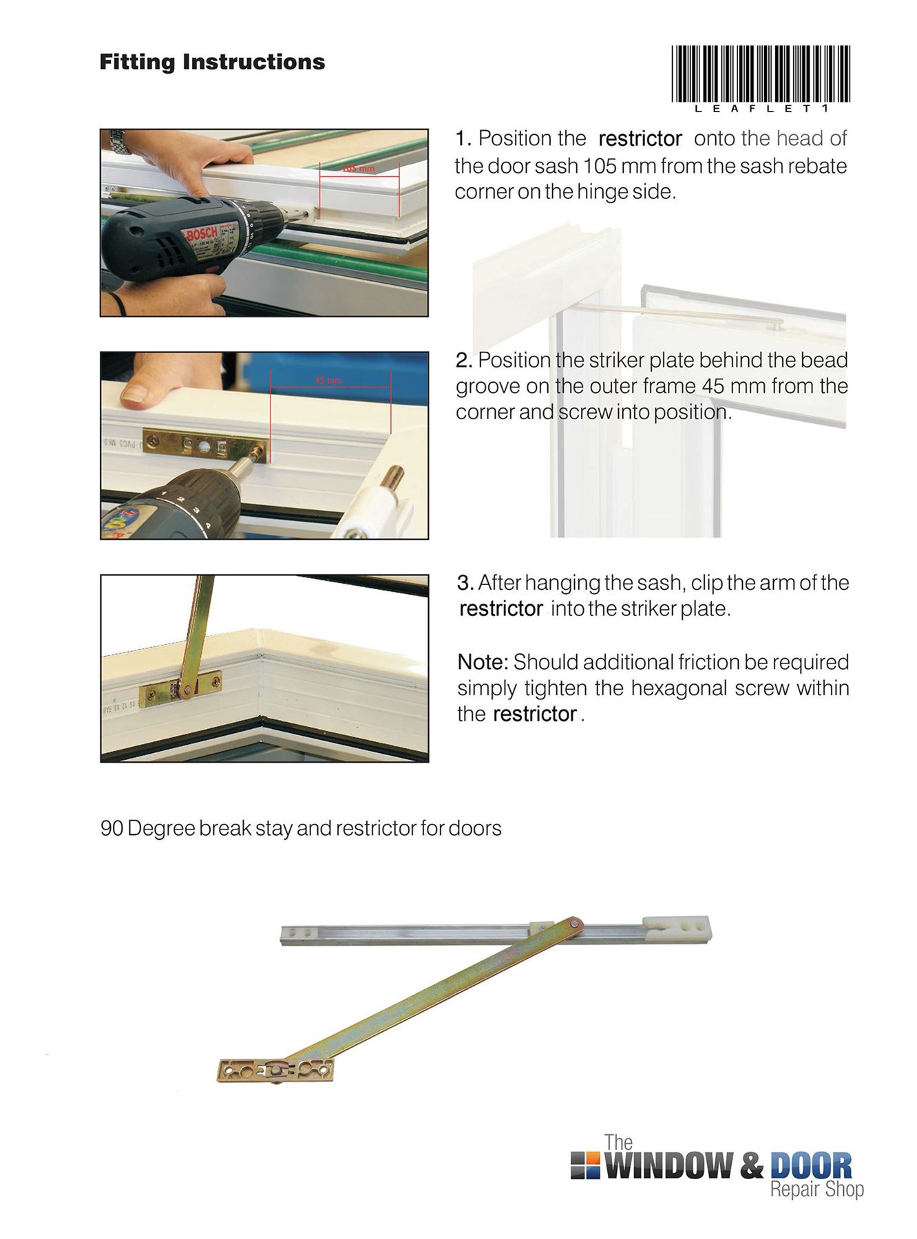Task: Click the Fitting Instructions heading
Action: (212, 62)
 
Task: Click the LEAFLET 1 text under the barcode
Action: (760, 109)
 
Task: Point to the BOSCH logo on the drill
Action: (202, 235)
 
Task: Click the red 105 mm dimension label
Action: (359, 169)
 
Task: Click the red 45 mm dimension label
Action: (328, 381)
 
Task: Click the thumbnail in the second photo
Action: (135, 393)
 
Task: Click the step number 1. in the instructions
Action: (463, 139)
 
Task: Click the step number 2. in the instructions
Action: (463, 361)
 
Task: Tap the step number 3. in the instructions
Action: (465, 583)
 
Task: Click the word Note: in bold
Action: (483, 662)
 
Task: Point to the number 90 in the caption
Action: (112, 828)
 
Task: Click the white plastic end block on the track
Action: (676, 928)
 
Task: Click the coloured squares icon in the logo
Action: (585, 1164)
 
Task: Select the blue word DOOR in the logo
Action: (810, 1165)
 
